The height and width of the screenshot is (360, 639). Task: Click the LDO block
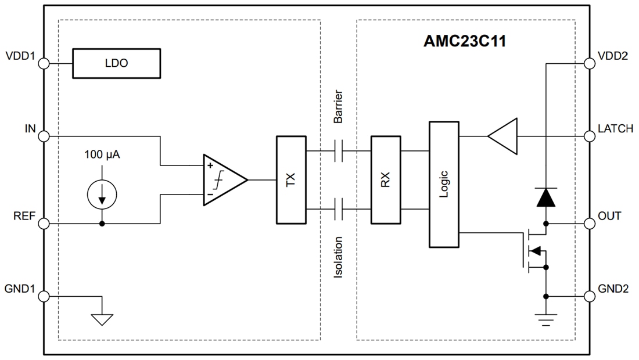pos(116,63)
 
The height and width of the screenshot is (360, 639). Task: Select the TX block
pos(290,180)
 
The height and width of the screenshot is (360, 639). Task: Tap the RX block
pos(386,180)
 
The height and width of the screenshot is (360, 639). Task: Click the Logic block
pos(444,183)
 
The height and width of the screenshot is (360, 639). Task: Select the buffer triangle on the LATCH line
pos(503,136)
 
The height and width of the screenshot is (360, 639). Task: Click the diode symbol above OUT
pos(546,198)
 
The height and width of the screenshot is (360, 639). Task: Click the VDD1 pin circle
pos(44,63)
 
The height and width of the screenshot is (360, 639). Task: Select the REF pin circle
pos(44,224)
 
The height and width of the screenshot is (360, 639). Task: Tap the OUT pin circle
pos(589,224)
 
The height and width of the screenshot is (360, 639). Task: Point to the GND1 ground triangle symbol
pos(102,318)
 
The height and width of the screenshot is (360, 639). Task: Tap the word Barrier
pos(338,106)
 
